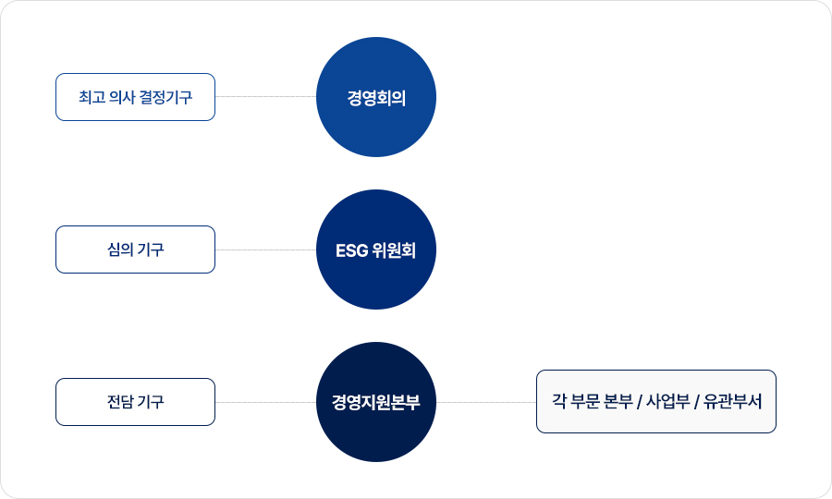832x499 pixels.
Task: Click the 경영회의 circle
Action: [376, 97]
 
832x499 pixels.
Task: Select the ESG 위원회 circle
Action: [376, 249]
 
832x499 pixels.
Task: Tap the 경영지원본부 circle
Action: [376, 402]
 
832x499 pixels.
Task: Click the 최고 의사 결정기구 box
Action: [135, 97]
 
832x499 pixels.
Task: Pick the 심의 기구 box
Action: [135, 249]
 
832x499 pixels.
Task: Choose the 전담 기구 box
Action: [135, 402]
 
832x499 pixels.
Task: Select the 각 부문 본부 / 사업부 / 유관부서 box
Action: [656, 401]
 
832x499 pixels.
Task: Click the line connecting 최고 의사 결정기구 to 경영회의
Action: [266, 96]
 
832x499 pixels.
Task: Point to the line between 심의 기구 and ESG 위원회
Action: [266, 249]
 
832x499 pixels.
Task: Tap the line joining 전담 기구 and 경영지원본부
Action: [266, 402]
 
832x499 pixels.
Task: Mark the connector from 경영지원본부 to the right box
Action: [486, 402]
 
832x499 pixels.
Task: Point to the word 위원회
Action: [394, 250]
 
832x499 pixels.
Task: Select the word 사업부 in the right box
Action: [668, 401]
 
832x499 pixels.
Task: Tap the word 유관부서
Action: [732, 401]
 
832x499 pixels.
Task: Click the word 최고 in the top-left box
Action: [92, 97]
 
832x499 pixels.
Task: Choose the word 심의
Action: [120, 249]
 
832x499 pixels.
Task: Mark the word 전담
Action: [120, 402]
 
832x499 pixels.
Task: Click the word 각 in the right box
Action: [559, 401]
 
